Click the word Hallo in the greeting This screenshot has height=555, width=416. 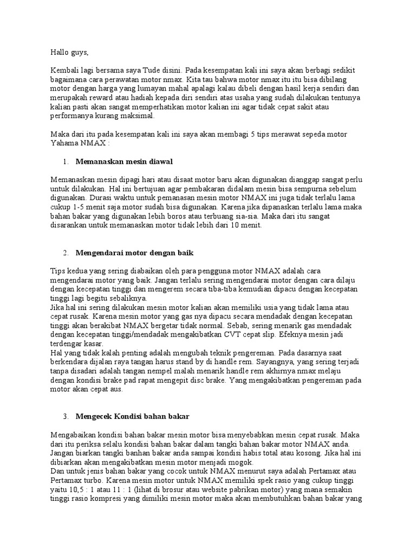coord(60,53)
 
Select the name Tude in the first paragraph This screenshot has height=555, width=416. coord(152,70)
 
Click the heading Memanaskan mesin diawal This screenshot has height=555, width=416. coord(125,162)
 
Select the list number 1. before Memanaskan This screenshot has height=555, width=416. coord(65,162)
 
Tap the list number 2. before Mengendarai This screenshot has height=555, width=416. coord(65,253)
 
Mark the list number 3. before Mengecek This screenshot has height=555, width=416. coord(65,416)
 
